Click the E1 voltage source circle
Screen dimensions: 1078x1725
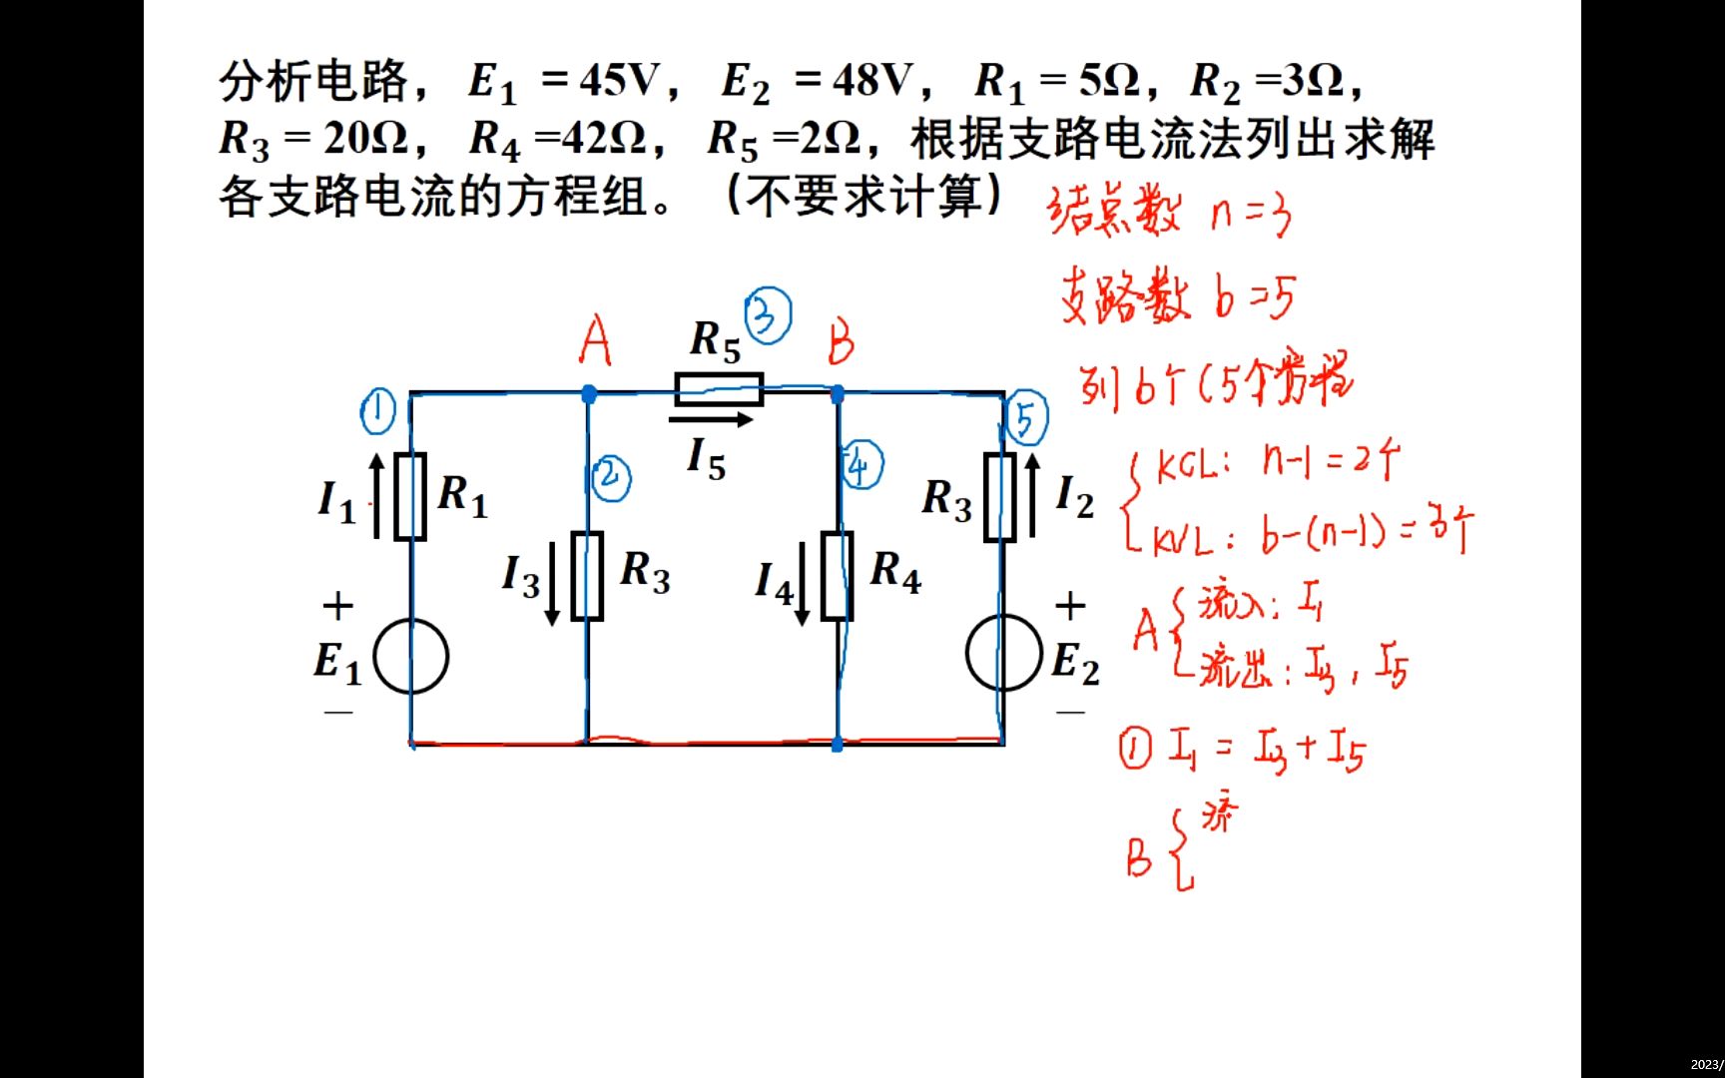(x=410, y=656)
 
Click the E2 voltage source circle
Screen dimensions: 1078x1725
(x=1003, y=654)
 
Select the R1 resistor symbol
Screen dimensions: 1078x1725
(x=410, y=496)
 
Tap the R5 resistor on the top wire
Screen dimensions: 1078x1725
(x=719, y=388)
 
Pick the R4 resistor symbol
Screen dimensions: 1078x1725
(x=837, y=577)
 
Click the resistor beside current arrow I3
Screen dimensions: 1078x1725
(x=587, y=577)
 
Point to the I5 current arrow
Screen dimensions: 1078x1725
(x=710, y=420)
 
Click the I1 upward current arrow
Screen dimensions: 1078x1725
(x=376, y=496)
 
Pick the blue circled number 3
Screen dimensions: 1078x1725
(x=768, y=316)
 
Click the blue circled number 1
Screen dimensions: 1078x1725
(x=377, y=411)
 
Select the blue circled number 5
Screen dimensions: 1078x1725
(x=1026, y=419)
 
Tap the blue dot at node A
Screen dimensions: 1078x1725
(x=589, y=394)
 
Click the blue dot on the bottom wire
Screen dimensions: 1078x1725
(x=837, y=745)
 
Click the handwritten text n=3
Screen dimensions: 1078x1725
(x=1251, y=214)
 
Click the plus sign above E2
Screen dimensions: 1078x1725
(x=1070, y=605)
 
